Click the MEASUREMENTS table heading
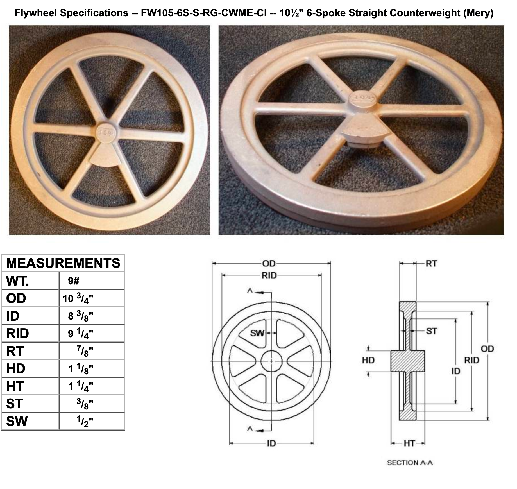coord(63,263)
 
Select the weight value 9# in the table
coord(74,281)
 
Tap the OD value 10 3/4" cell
coord(78,298)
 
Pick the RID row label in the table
coord(17,334)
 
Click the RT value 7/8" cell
coord(85,351)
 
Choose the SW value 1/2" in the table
coord(85,422)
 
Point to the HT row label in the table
coord(15,386)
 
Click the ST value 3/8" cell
coord(85,404)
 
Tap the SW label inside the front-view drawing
coord(257,333)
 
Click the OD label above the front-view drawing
coord(269,264)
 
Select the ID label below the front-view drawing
coord(271,443)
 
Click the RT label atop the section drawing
coord(431,264)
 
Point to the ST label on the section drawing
coord(432,331)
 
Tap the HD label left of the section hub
coord(368,360)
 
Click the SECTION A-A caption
coord(410,463)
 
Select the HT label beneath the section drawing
coord(409,443)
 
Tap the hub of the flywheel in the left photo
coord(106,132)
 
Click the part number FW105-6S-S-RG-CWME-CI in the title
coord(204,13)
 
